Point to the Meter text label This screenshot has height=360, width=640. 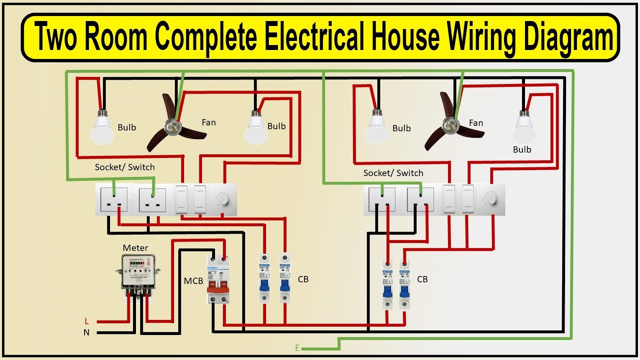tap(135, 247)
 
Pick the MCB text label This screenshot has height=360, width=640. tap(193, 281)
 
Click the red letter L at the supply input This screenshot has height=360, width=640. tap(86, 320)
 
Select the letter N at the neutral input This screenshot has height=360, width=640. tap(86, 332)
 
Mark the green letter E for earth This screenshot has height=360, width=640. tap(297, 348)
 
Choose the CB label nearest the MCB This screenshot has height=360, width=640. tap(303, 279)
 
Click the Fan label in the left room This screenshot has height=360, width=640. tap(208, 122)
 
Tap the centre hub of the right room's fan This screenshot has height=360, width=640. tap(452, 125)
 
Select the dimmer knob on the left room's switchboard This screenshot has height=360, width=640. tap(220, 198)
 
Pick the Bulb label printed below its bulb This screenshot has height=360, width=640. tap(522, 149)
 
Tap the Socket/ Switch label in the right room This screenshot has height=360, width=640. tap(393, 173)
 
